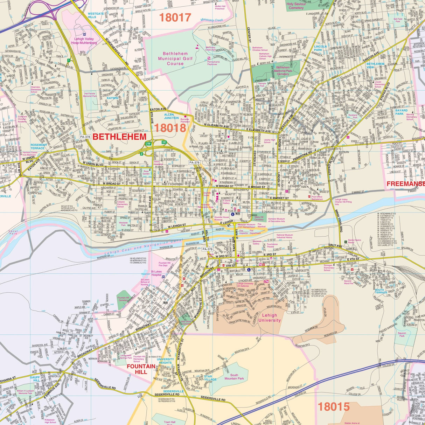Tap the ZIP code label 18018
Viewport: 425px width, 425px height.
pyautogui.click(x=170, y=128)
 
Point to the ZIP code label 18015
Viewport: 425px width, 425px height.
pyautogui.click(x=334, y=406)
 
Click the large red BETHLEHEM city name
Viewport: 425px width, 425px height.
pyautogui.click(x=119, y=137)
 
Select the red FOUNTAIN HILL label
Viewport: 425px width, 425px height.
pyautogui.click(x=141, y=369)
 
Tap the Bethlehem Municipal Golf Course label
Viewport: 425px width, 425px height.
pyautogui.click(x=175, y=59)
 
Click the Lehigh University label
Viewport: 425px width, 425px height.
pyautogui.click(x=270, y=318)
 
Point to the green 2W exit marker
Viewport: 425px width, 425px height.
pyautogui.click(x=148, y=144)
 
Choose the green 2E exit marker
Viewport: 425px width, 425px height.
pyautogui.click(x=164, y=142)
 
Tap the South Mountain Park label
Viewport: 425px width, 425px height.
pyautogui.click(x=234, y=377)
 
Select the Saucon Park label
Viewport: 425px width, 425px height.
pyautogui.click(x=402, y=334)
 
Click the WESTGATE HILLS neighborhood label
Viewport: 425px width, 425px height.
pyautogui.click(x=96, y=15)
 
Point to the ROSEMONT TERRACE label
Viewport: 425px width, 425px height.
pyautogui.click(x=39, y=146)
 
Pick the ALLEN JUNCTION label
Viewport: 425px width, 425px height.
pyautogui.click(x=171, y=116)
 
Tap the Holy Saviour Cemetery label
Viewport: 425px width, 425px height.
pyautogui.click(x=296, y=6)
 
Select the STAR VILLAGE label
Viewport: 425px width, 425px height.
pyautogui.click(x=210, y=378)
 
